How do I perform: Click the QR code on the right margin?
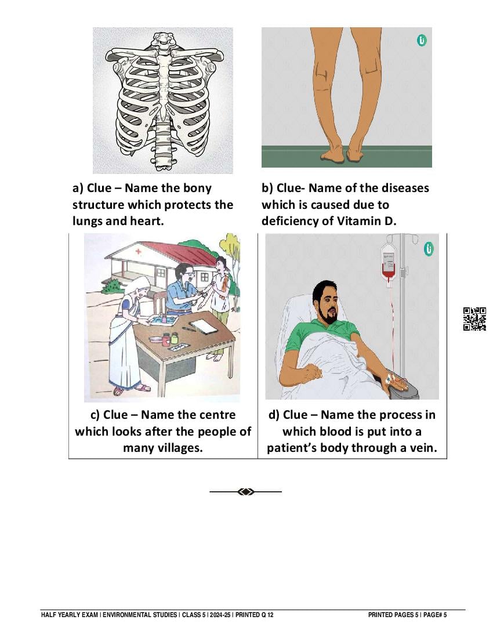(474, 318)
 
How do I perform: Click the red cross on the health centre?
(138, 251)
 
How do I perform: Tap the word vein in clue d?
(423, 448)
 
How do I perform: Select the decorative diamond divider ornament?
(246, 492)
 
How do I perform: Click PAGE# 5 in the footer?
(435, 615)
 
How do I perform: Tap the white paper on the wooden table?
(204, 326)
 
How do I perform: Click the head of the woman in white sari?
(140, 288)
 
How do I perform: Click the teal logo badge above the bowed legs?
(422, 40)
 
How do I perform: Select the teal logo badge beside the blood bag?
(428, 249)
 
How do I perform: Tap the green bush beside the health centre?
(113, 287)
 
